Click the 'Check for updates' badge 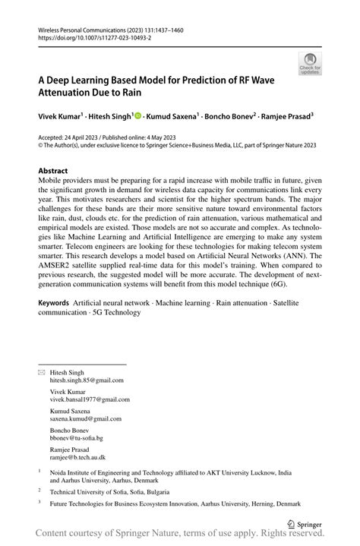coord(309,64)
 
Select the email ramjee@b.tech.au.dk coord(78,458)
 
